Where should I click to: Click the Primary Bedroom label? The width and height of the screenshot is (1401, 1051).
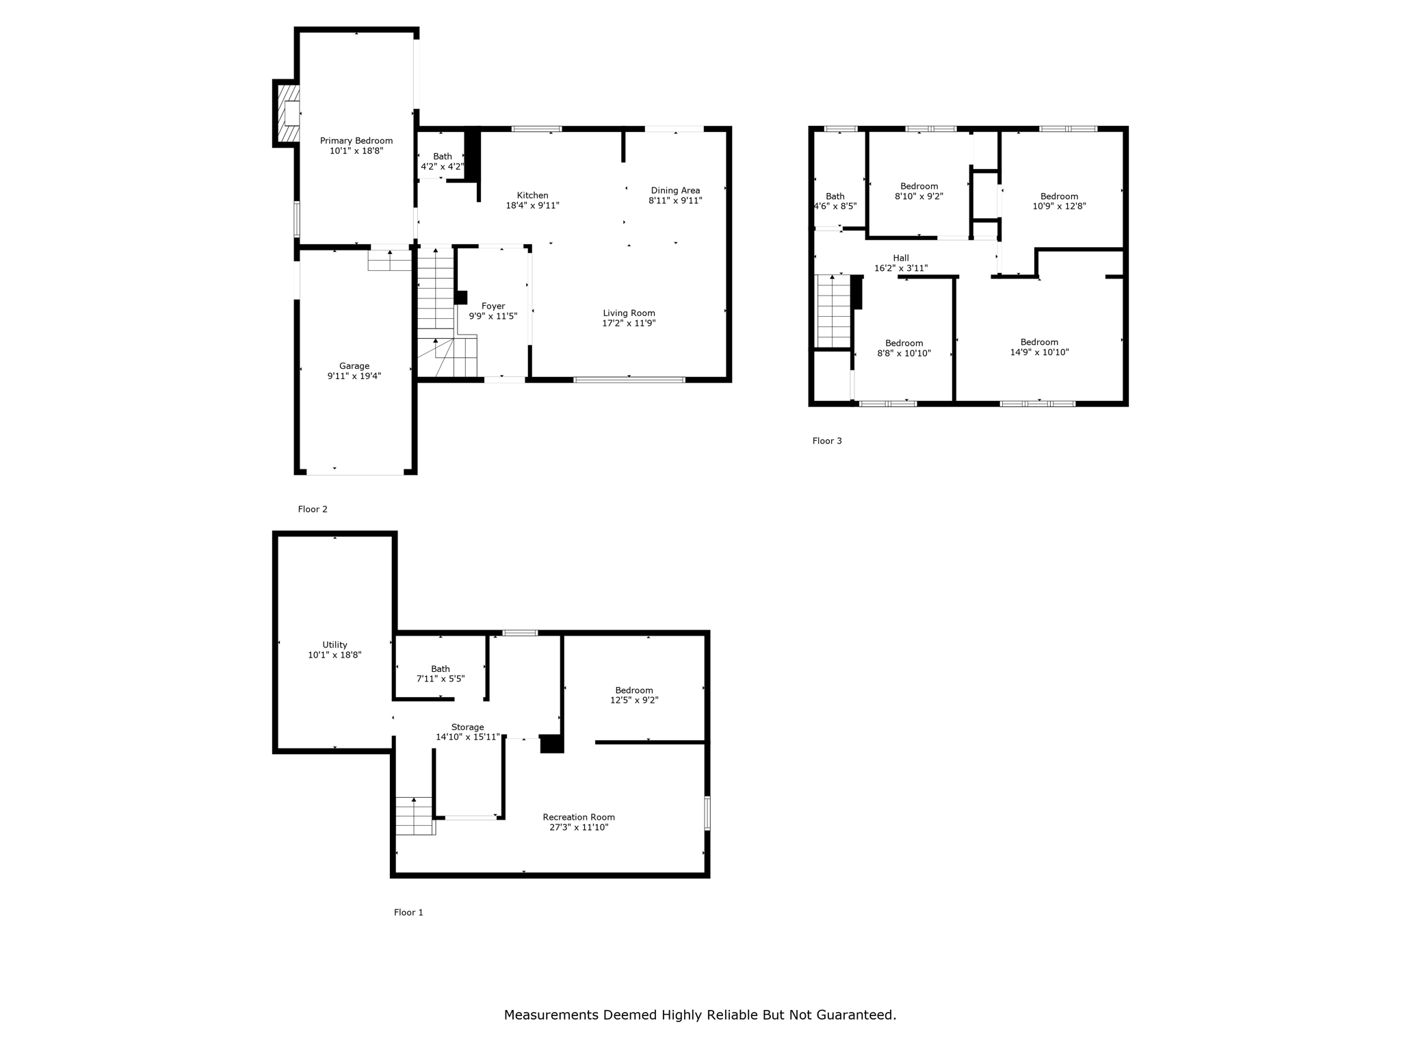[356, 141]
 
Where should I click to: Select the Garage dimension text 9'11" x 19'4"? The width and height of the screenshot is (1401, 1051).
[354, 376]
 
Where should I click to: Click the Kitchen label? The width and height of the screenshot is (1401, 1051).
[532, 196]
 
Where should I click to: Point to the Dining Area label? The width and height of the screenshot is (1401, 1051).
[675, 191]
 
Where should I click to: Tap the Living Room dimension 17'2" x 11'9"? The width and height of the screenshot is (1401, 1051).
[629, 324]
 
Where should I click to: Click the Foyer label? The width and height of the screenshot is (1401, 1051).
[493, 307]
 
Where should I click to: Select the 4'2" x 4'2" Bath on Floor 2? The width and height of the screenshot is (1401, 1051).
[442, 161]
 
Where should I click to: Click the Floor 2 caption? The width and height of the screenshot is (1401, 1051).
[313, 509]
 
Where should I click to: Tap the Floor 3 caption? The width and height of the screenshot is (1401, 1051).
[827, 441]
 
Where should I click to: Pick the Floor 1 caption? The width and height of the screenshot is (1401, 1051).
[408, 912]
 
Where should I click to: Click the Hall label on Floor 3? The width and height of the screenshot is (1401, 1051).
[900, 258]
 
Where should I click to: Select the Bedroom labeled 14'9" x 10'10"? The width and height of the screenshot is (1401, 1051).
[1039, 347]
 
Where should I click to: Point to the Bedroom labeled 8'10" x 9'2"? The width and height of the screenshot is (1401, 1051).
[919, 191]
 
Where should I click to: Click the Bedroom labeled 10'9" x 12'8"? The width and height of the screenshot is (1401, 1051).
[1059, 201]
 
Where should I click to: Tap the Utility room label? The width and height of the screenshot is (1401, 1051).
[335, 645]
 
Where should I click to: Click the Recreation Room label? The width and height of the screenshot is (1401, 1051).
[579, 817]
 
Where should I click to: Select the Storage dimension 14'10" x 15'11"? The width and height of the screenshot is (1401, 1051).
[468, 738]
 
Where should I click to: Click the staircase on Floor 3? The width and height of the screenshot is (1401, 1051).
[833, 311]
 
